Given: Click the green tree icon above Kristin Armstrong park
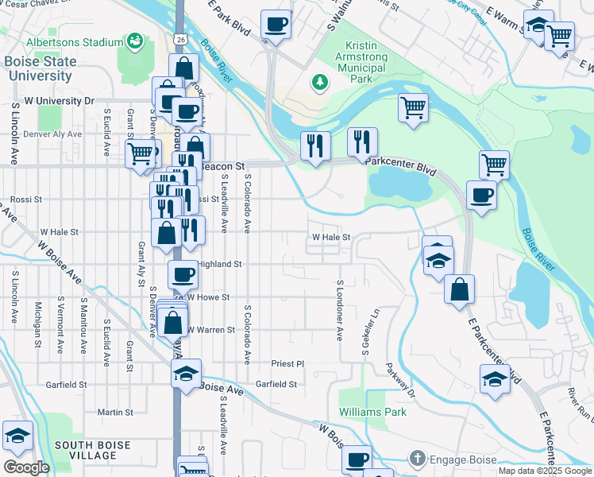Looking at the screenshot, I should (320, 81).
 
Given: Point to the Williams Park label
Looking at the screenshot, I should (372, 412).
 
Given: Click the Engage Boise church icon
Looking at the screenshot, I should (417, 459).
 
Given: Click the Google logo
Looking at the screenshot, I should (26, 467).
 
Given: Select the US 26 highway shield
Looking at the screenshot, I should (180, 38).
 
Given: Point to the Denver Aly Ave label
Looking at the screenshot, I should (52, 134).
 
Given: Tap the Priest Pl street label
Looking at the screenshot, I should (287, 363).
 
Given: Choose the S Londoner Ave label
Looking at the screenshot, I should (340, 311).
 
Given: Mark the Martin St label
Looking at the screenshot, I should (115, 413).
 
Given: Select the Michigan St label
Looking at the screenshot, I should (37, 324).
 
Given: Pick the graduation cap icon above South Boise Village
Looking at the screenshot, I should (17, 436).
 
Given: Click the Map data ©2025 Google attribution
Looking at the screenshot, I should (544, 471).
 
